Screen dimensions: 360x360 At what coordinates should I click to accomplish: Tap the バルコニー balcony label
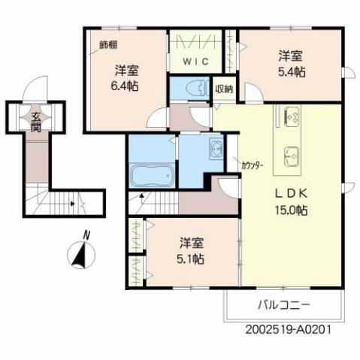(x=283, y=306)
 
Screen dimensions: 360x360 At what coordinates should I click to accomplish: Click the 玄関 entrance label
(x=36, y=122)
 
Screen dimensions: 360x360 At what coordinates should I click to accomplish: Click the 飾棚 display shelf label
(x=108, y=44)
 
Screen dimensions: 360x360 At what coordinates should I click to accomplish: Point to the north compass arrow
(x=80, y=256)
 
